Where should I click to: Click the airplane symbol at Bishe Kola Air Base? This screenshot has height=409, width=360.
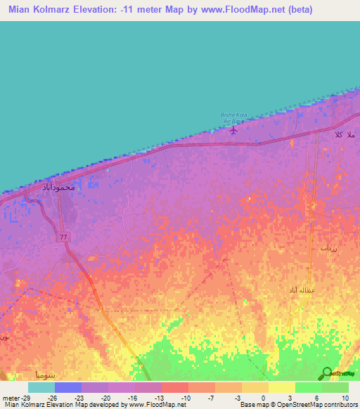(x=234, y=128)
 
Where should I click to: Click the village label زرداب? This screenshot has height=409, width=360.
(x=329, y=249)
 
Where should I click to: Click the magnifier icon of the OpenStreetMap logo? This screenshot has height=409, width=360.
(x=327, y=373)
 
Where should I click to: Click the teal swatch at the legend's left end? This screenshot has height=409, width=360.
(x=41, y=387)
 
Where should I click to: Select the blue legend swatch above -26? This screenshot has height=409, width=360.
(x=68, y=387)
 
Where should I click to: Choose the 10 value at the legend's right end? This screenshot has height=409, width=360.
(x=345, y=398)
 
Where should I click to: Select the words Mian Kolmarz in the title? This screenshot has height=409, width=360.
(x=40, y=10)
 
